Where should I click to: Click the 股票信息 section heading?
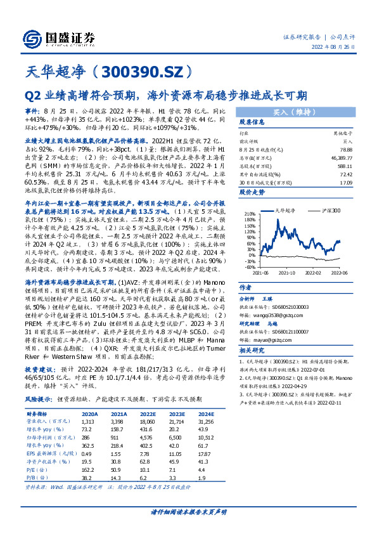click(x=252, y=122)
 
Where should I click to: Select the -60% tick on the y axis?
click(x=246, y=266)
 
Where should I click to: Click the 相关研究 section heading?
click(x=252, y=351)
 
